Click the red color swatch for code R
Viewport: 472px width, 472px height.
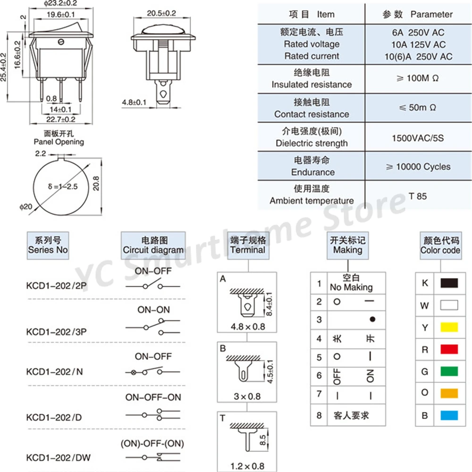click(449, 349)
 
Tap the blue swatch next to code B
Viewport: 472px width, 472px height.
click(449, 415)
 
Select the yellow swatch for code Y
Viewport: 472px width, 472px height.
click(449, 327)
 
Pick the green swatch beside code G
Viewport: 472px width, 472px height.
click(449, 371)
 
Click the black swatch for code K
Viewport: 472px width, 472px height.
click(449, 283)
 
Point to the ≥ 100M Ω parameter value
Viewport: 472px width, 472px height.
click(418, 78)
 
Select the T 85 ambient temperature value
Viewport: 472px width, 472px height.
click(418, 196)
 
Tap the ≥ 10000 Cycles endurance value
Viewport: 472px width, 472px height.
click(418, 167)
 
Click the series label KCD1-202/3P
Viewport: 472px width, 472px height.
click(56, 331)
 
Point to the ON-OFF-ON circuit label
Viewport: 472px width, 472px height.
click(153, 397)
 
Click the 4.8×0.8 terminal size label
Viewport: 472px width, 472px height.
click(247, 326)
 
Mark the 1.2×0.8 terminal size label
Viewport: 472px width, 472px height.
click(247, 466)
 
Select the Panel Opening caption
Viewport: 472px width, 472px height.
click(59, 142)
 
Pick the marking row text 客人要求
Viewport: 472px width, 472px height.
click(352, 416)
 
